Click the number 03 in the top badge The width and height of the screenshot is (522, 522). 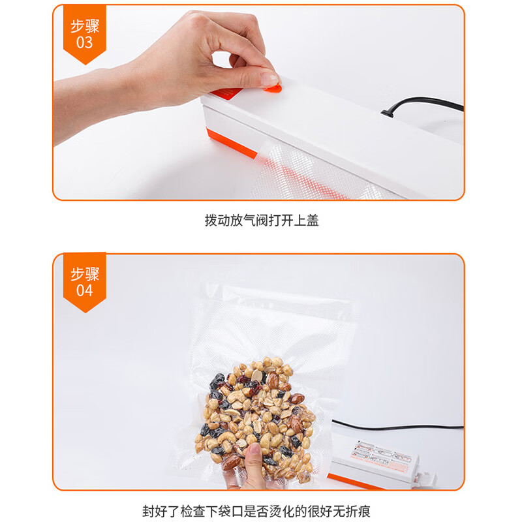pos(85,43)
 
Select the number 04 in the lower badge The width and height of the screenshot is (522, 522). pos(85,290)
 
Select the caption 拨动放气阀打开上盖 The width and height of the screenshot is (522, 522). pos(261,221)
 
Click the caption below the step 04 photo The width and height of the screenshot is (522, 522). pos(261,510)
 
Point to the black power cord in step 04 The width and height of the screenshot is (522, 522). pos(405,427)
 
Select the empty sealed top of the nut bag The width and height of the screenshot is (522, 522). pos(274,326)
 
